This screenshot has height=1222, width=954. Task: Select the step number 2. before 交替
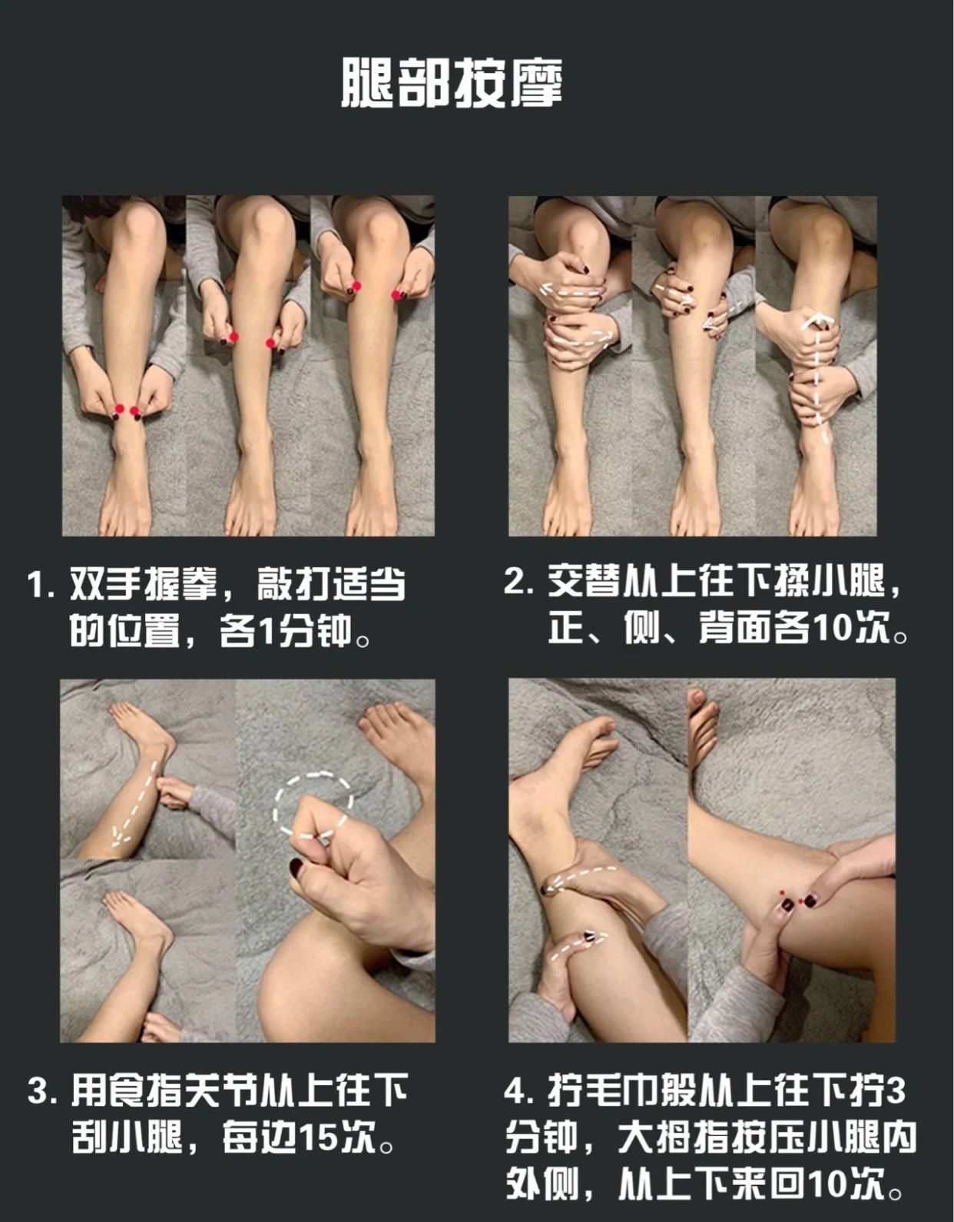[518, 582]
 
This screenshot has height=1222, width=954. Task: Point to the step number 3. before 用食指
[42, 1091]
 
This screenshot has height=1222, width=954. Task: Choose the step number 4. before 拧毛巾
[518, 1091]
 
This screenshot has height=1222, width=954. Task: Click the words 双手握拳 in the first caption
[144, 584]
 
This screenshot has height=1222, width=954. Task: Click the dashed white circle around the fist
[313, 775]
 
